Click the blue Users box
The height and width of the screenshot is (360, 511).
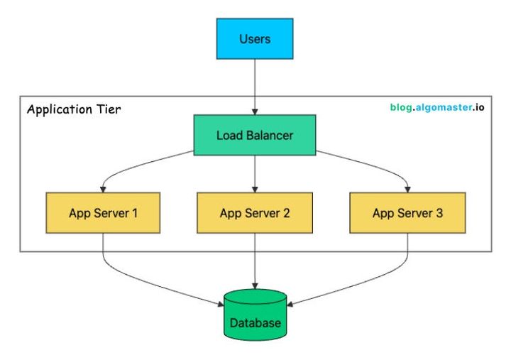point(255,39)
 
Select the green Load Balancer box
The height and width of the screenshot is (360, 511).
point(255,134)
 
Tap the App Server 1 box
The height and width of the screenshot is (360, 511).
point(104,212)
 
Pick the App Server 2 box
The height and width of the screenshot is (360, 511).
point(255,212)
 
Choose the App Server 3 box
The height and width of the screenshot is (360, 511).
point(408,212)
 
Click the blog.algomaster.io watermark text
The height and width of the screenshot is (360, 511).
point(438,108)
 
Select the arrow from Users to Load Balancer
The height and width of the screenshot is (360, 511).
point(255,85)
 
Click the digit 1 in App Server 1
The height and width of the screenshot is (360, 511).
point(134,212)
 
